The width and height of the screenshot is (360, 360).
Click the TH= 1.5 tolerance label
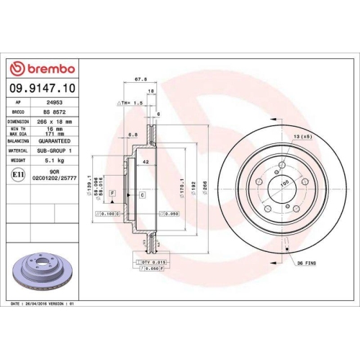[130, 104]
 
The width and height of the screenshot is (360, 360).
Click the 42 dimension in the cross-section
[145, 163]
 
